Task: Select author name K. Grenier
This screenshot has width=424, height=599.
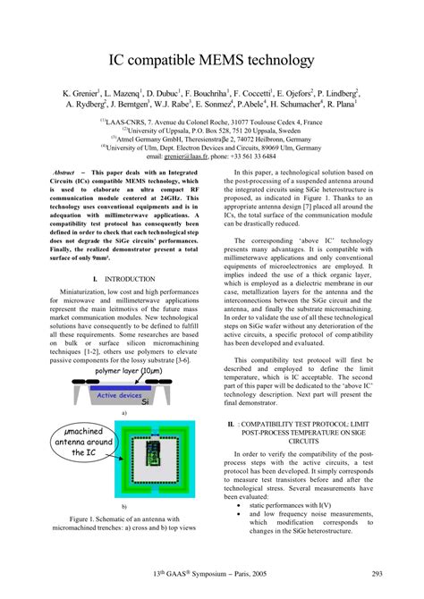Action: click(x=85, y=93)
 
